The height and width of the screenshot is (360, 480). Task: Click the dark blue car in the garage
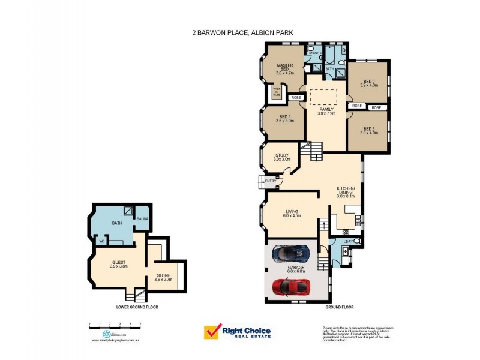point(290,254)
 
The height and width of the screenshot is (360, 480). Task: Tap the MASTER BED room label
point(284,68)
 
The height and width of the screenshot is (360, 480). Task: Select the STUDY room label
point(282,157)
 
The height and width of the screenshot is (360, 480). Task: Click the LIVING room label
point(292,213)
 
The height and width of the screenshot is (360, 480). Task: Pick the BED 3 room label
point(368,131)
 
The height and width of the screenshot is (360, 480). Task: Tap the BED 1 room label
point(284,118)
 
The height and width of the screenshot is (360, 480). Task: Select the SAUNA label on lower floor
point(142,219)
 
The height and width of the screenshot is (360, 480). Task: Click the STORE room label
point(164,277)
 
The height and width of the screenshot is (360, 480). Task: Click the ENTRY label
point(270,181)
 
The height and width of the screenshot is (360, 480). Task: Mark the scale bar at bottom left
point(115,324)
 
